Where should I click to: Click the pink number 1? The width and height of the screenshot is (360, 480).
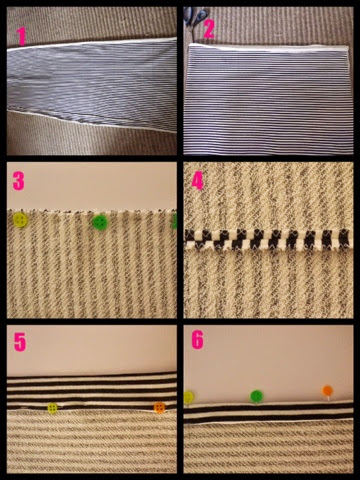tap(22, 36)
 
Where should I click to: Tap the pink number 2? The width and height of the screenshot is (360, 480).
tap(209, 29)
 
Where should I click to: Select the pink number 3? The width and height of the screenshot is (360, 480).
tap(18, 181)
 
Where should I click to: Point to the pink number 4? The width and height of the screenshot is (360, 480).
tap(197, 181)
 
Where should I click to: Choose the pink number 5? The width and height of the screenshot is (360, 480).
tap(19, 342)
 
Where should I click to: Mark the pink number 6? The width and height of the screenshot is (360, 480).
tap(197, 340)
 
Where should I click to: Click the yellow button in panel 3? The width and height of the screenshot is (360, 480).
tap(20, 220)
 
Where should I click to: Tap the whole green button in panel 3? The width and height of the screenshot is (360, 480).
tap(100, 222)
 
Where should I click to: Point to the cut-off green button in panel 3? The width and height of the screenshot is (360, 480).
tap(174, 221)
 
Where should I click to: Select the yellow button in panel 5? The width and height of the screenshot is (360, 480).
tap(52, 408)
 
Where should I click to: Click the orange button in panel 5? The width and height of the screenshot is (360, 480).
tap(159, 407)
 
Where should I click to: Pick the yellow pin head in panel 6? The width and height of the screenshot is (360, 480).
tap(188, 397)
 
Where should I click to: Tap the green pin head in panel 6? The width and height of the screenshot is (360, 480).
tap(256, 396)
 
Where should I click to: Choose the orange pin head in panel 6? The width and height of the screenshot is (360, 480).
tap(327, 391)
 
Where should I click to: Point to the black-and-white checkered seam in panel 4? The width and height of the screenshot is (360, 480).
tap(268, 240)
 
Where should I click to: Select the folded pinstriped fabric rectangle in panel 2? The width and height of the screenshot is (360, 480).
tap(268, 99)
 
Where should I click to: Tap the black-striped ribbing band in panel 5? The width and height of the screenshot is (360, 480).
tap(92, 391)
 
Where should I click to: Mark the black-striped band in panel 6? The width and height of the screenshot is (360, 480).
tap(268, 413)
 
